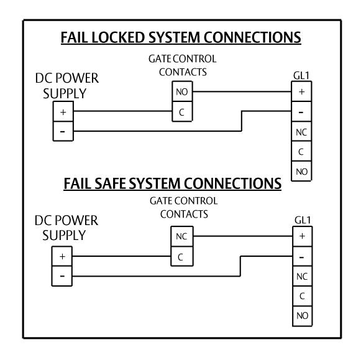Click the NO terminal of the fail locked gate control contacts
pos(182,91)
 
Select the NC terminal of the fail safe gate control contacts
pos(182,236)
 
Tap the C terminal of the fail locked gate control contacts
pos(182,111)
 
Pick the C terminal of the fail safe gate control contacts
pos(182,256)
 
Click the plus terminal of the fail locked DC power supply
pos(63,111)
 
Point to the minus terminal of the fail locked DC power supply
pos(63,131)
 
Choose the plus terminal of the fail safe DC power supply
pos(62,256)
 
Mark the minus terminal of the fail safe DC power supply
pos(62,276)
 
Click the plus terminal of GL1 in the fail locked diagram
pos(301,91)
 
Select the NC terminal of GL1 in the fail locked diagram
pos(301,132)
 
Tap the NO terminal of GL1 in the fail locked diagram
pos(301,171)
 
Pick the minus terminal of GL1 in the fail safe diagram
pos(303,256)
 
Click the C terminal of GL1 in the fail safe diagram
pos(303,296)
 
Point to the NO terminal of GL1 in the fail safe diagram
pos(303,316)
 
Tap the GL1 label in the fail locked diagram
pos(301,76)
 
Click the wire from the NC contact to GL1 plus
pos(243,236)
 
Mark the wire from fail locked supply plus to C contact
pos(122,111)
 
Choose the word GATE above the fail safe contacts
pos(160,201)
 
